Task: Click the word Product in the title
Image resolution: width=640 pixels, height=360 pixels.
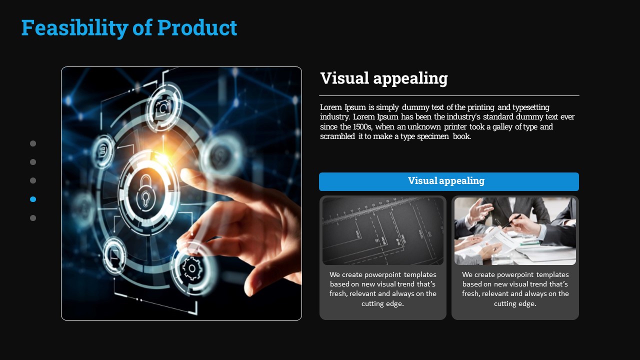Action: [x=197, y=27]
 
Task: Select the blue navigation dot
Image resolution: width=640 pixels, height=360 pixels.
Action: [x=33, y=199]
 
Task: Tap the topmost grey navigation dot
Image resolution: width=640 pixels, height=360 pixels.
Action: [x=33, y=143]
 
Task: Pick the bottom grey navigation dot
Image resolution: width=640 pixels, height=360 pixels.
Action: [x=33, y=218]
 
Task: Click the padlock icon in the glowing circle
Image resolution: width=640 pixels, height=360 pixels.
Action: [x=146, y=190]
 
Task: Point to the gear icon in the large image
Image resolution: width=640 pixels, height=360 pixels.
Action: [x=192, y=268]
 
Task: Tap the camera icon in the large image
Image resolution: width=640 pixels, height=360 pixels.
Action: [x=163, y=107]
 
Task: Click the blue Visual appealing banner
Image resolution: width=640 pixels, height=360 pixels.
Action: [x=449, y=181]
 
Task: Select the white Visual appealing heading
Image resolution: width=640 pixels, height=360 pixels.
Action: [x=383, y=78]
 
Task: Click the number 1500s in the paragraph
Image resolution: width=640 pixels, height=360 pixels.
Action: [x=362, y=126]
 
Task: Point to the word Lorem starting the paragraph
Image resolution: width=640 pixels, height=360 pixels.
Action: [x=331, y=107]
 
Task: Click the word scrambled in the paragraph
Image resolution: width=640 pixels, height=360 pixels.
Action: [x=337, y=136]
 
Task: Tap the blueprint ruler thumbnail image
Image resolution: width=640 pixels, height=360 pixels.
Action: [x=383, y=231]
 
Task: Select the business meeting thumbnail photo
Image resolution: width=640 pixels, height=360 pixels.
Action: [x=515, y=231]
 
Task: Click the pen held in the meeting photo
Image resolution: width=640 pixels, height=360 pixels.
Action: [x=511, y=220]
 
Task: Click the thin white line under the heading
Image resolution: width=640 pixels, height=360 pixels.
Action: [x=449, y=95]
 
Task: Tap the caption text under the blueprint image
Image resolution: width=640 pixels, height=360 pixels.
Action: [x=383, y=289]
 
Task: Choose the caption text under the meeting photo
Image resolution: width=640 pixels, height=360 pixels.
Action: [x=515, y=289]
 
